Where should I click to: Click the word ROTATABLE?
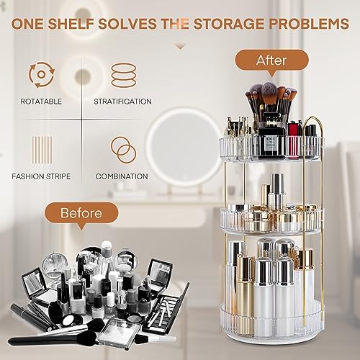click(x=41, y=102)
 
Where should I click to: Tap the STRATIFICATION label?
click(x=122, y=102)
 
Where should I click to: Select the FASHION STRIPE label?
click(x=41, y=176)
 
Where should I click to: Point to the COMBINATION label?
click(x=122, y=176)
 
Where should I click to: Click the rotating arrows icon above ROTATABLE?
click(x=42, y=75)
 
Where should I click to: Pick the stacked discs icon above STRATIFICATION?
click(x=124, y=75)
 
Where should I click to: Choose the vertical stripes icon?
click(x=42, y=150)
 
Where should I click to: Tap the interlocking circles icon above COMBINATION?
click(x=123, y=150)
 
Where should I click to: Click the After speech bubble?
click(x=271, y=60)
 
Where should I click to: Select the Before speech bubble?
click(x=81, y=213)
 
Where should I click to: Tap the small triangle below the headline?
click(x=180, y=48)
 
